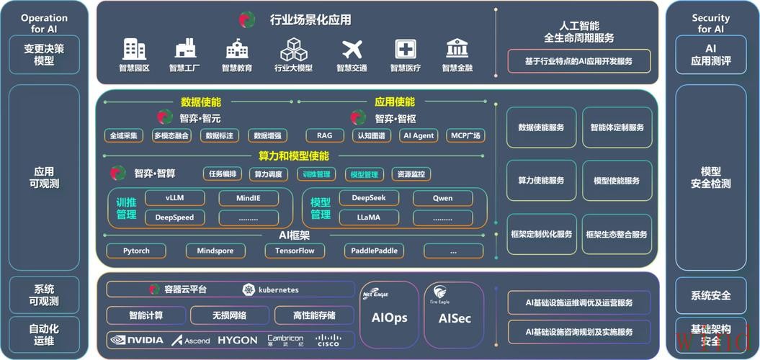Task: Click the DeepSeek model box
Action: click(x=370, y=198)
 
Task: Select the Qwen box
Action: click(x=442, y=198)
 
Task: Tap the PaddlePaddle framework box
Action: click(x=373, y=251)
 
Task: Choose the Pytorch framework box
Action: click(x=136, y=251)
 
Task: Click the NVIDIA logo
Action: click(x=137, y=340)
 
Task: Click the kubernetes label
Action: click(x=271, y=289)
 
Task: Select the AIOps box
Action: click(x=389, y=317)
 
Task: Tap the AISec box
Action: click(x=454, y=317)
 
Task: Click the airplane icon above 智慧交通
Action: click(x=352, y=49)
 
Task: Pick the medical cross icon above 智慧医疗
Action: click(x=405, y=49)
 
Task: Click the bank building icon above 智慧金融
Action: click(x=457, y=49)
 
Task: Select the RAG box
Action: click(x=324, y=135)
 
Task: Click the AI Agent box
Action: click(x=419, y=135)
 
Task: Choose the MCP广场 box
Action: click(x=466, y=135)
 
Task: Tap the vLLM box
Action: click(x=175, y=198)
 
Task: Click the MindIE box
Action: click(x=248, y=198)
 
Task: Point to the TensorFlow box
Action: click(x=295, y=251)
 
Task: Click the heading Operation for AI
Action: click(x=44, y=24)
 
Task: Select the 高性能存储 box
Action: click(x=313, y=315)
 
